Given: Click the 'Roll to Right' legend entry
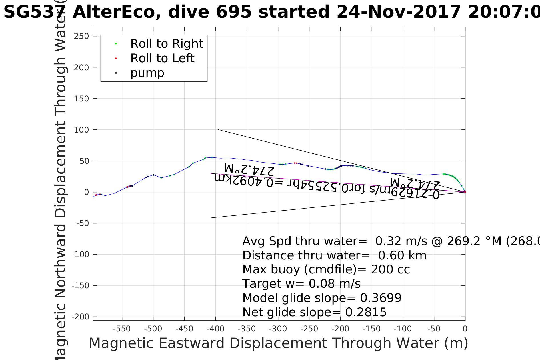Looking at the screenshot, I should tap(166, 44).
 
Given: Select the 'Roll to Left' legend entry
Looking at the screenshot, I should tap(162, 58).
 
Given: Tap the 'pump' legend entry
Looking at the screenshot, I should tap(147, 73).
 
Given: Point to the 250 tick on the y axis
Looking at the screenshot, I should tap(81, 36).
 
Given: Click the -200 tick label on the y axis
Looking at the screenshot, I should tap(80, 317).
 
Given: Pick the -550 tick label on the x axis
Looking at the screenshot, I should tap(122, 329).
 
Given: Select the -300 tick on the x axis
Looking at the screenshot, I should tap(278, 329).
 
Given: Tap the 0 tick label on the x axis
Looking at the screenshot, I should tap(465, 329).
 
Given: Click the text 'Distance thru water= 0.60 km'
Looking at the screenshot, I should tap(334, 255).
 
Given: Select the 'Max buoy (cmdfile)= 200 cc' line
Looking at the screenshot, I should tap(326, 269).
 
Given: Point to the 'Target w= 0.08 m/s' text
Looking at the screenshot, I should tap(301, 284).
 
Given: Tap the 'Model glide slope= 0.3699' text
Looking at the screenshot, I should tap(322, 298).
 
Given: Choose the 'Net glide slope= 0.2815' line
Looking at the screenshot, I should tap(314, 312).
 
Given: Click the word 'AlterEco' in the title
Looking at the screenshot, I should tap(117, 12).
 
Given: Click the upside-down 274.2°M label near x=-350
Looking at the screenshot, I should tap(249, 169).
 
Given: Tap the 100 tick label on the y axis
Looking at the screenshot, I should tap(81, 130).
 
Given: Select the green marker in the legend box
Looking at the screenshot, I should tap(116, 44).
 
